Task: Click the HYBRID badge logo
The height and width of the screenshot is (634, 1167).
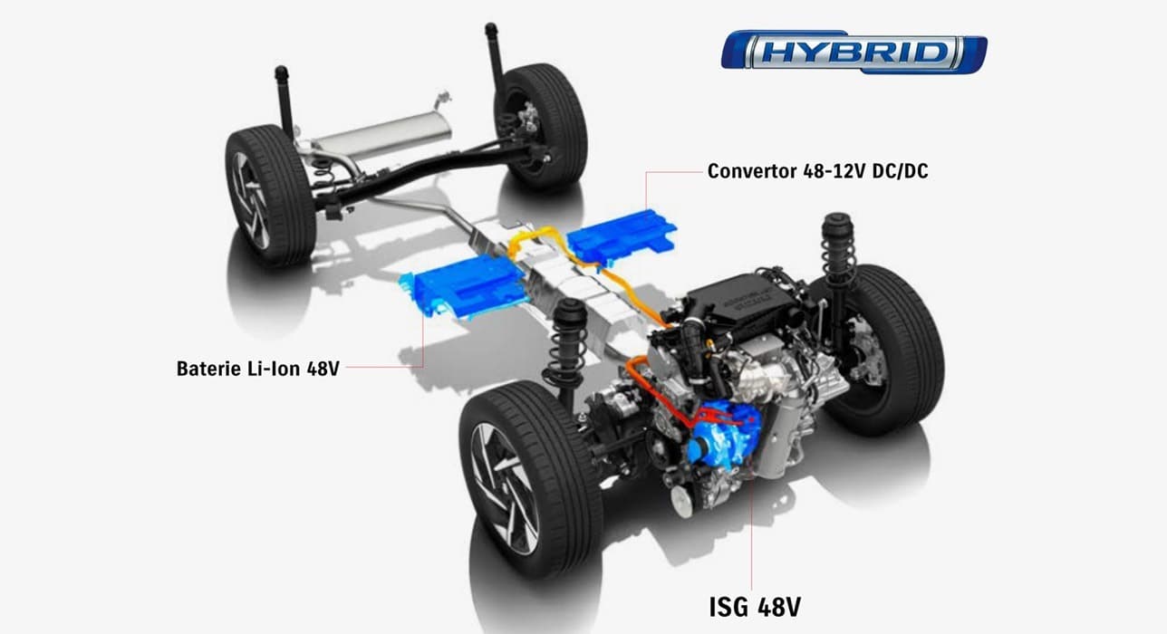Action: point(854,52)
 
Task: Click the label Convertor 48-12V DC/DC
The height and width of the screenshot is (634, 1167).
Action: point(817,170)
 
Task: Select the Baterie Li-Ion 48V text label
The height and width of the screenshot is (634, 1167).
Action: point(258,369)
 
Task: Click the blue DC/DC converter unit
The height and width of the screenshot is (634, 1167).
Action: point(622,238)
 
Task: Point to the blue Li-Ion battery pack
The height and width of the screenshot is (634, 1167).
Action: point(468,288)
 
